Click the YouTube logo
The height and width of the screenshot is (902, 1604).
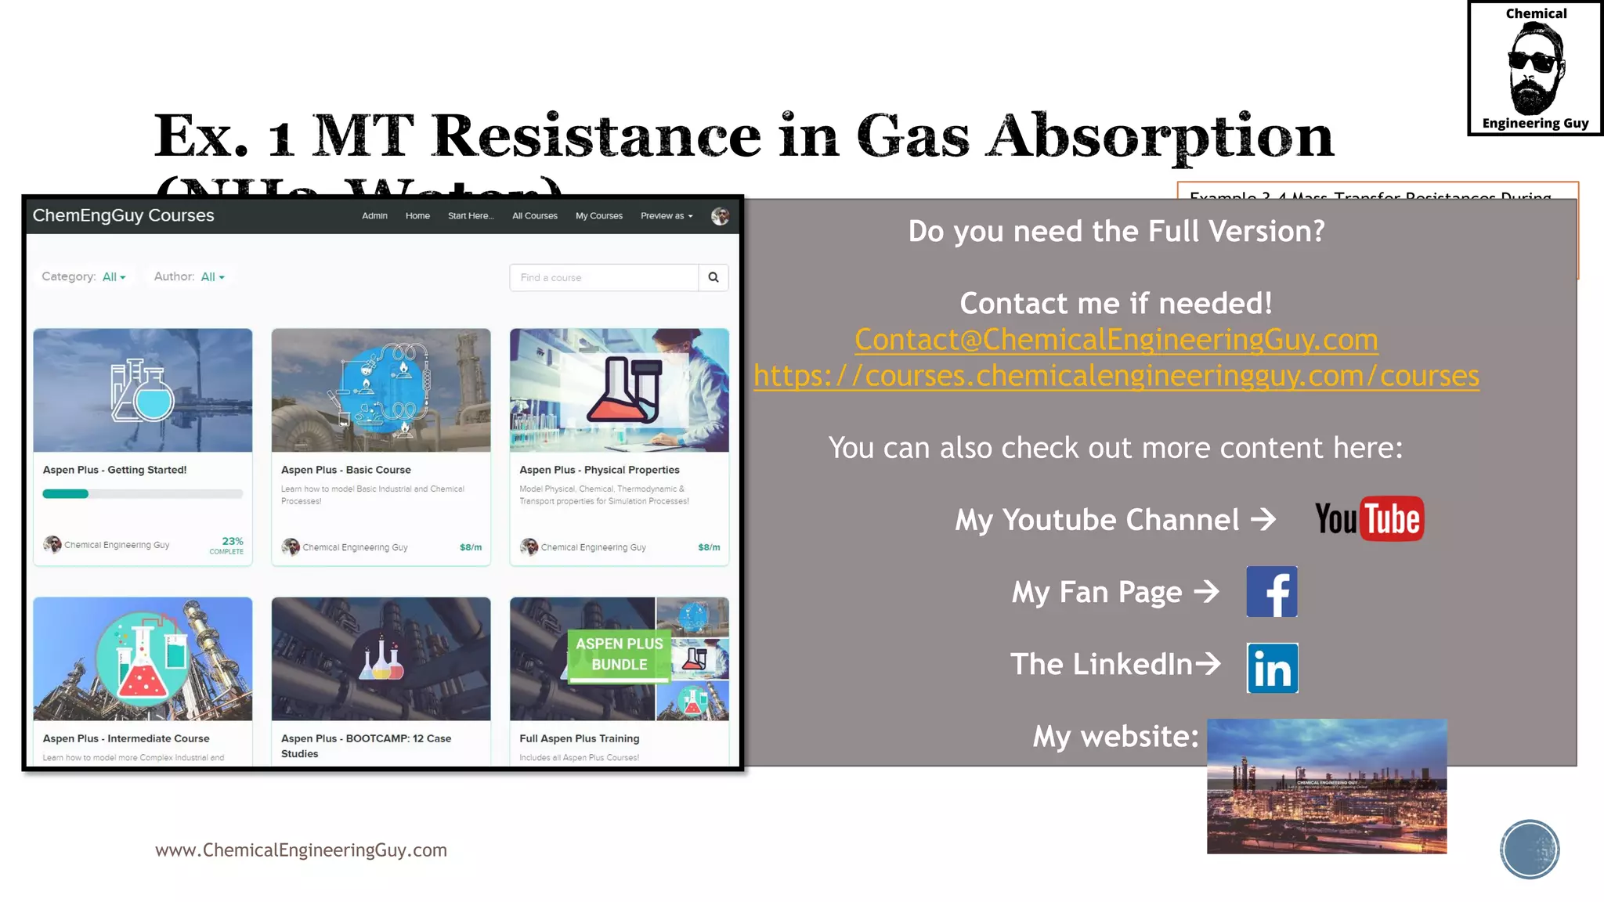pos(1369,518)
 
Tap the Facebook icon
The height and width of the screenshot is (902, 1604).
pos(1271,592)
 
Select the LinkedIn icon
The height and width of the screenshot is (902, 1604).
pos(1272,668)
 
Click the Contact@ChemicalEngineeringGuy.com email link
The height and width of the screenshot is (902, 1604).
pos(1116,340)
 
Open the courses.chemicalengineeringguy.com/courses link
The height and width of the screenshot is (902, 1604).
pos(1116,376)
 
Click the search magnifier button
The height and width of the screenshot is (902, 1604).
pos(713,277)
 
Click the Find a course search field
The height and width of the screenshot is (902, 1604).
pos(603,277)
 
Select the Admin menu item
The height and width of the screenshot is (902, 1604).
pos(374,216)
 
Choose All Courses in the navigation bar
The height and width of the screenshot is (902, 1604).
pos(535,216)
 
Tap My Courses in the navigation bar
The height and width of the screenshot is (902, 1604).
pos(599,216)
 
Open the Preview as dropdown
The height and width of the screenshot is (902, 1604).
pos(667,216)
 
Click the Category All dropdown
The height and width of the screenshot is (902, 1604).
pos(114,277)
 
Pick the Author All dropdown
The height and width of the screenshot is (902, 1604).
pos(212,277)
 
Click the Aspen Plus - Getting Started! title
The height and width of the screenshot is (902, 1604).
pos(114,470)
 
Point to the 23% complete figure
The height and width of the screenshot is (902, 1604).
pos(232,541)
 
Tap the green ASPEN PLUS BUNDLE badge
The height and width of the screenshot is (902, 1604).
pos(619,654)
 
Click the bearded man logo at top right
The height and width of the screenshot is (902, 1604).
pos(1535,68)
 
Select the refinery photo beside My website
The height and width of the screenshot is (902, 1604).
pos(1326,786)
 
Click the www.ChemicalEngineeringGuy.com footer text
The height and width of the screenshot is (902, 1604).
pos(301,850)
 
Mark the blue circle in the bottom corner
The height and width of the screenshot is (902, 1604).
pos(1530,850)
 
